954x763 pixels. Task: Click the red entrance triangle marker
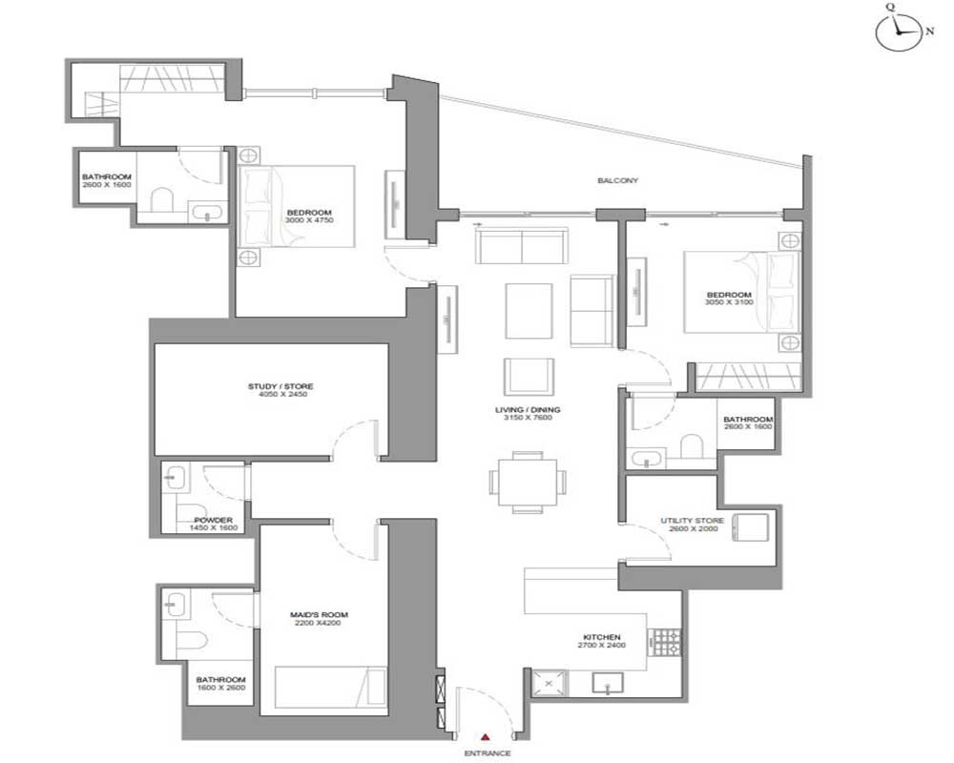485,737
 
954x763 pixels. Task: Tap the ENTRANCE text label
487,753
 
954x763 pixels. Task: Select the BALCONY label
617,180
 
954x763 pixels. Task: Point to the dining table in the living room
528,483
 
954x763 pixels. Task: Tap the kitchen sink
607,683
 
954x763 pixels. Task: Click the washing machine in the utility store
751,526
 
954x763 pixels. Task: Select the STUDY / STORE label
280,386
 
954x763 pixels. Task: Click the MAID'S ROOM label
319,614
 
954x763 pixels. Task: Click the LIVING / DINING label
528,409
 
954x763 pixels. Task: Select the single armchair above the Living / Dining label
529,377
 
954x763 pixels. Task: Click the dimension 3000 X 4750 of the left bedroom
309,220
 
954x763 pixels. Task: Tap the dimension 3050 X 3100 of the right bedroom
729,301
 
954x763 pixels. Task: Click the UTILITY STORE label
693,521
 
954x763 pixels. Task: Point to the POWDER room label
213,520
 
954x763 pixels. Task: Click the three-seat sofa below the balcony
522,245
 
